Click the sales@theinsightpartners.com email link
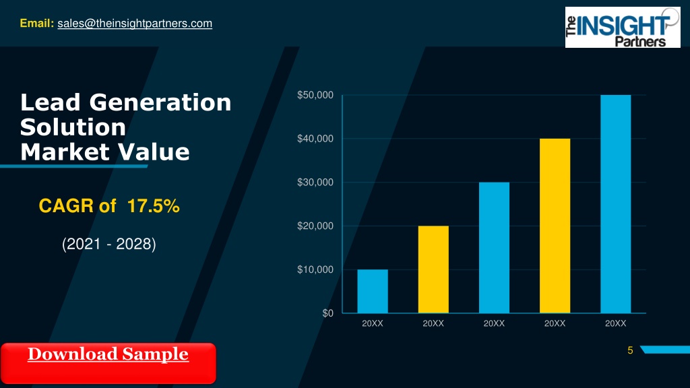(x=135, y=24)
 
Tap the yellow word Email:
(x=37, y=24)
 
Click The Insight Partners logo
(x=623, y=27)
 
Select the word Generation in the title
(x=160, y=103)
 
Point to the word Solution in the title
(x=73, y=127)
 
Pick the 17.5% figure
(x=153, y=206)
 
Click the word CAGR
(x=66, y=206)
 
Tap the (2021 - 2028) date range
(x=109, y=244)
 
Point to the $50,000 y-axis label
(x=315, y=95)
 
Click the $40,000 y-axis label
(x=315, y=139)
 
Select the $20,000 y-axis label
(x=315, y=226)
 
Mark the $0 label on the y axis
(x=328, y=313)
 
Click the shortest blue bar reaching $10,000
(x=373, y=291)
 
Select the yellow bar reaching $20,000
(x=433, y=269)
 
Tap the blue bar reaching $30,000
(x=494, y=248)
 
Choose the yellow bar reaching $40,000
(x=555, y=226)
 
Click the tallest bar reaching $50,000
(x=616, y=204)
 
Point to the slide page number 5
(x=630, y=350)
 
